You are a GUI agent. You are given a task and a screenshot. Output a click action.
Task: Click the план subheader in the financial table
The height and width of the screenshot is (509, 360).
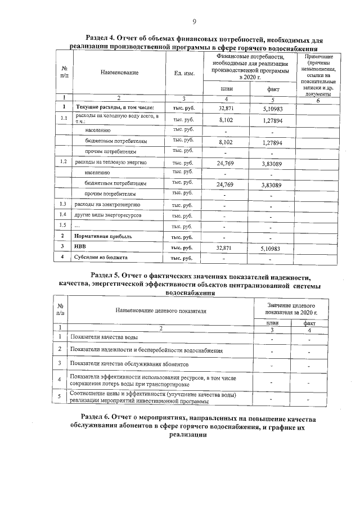pyautogui.click(x=226, y=89)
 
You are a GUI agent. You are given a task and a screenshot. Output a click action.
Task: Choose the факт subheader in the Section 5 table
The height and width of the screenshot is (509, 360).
pyautogui.click(x=309, y=323)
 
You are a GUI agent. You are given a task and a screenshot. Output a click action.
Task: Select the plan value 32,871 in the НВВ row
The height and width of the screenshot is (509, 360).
pyautogui.click(x=226, y=247)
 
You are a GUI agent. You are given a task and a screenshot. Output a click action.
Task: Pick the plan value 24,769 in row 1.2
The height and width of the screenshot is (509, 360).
pyautogui.click(x=226, y=163)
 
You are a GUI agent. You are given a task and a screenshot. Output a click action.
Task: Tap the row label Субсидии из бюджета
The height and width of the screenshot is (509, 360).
pyautogui.click(x=98, y=257)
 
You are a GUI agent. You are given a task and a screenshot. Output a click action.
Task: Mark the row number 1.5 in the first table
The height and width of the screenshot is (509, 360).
pyautogui.click(x=64, y=226)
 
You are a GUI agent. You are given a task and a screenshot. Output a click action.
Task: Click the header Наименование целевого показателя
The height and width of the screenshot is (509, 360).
pyautogui.click(x=161, y=310)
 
